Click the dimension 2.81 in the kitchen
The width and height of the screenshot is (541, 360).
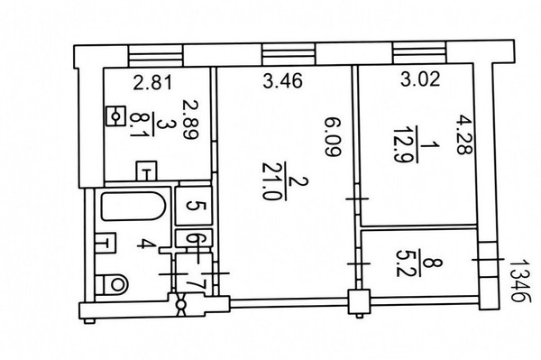[x=152, y=83]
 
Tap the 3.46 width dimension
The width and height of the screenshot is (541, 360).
[x=282, y=81]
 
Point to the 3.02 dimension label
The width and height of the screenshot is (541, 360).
[x=420, y=78]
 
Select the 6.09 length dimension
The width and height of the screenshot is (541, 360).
[x=333, y=137]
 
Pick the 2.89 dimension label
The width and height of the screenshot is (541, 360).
[x=191, y=120]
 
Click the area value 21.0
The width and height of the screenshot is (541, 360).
[x=270, y=180]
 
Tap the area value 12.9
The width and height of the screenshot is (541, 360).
[x=400, y=144]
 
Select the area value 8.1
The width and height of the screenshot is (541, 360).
[x=137, y=125]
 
